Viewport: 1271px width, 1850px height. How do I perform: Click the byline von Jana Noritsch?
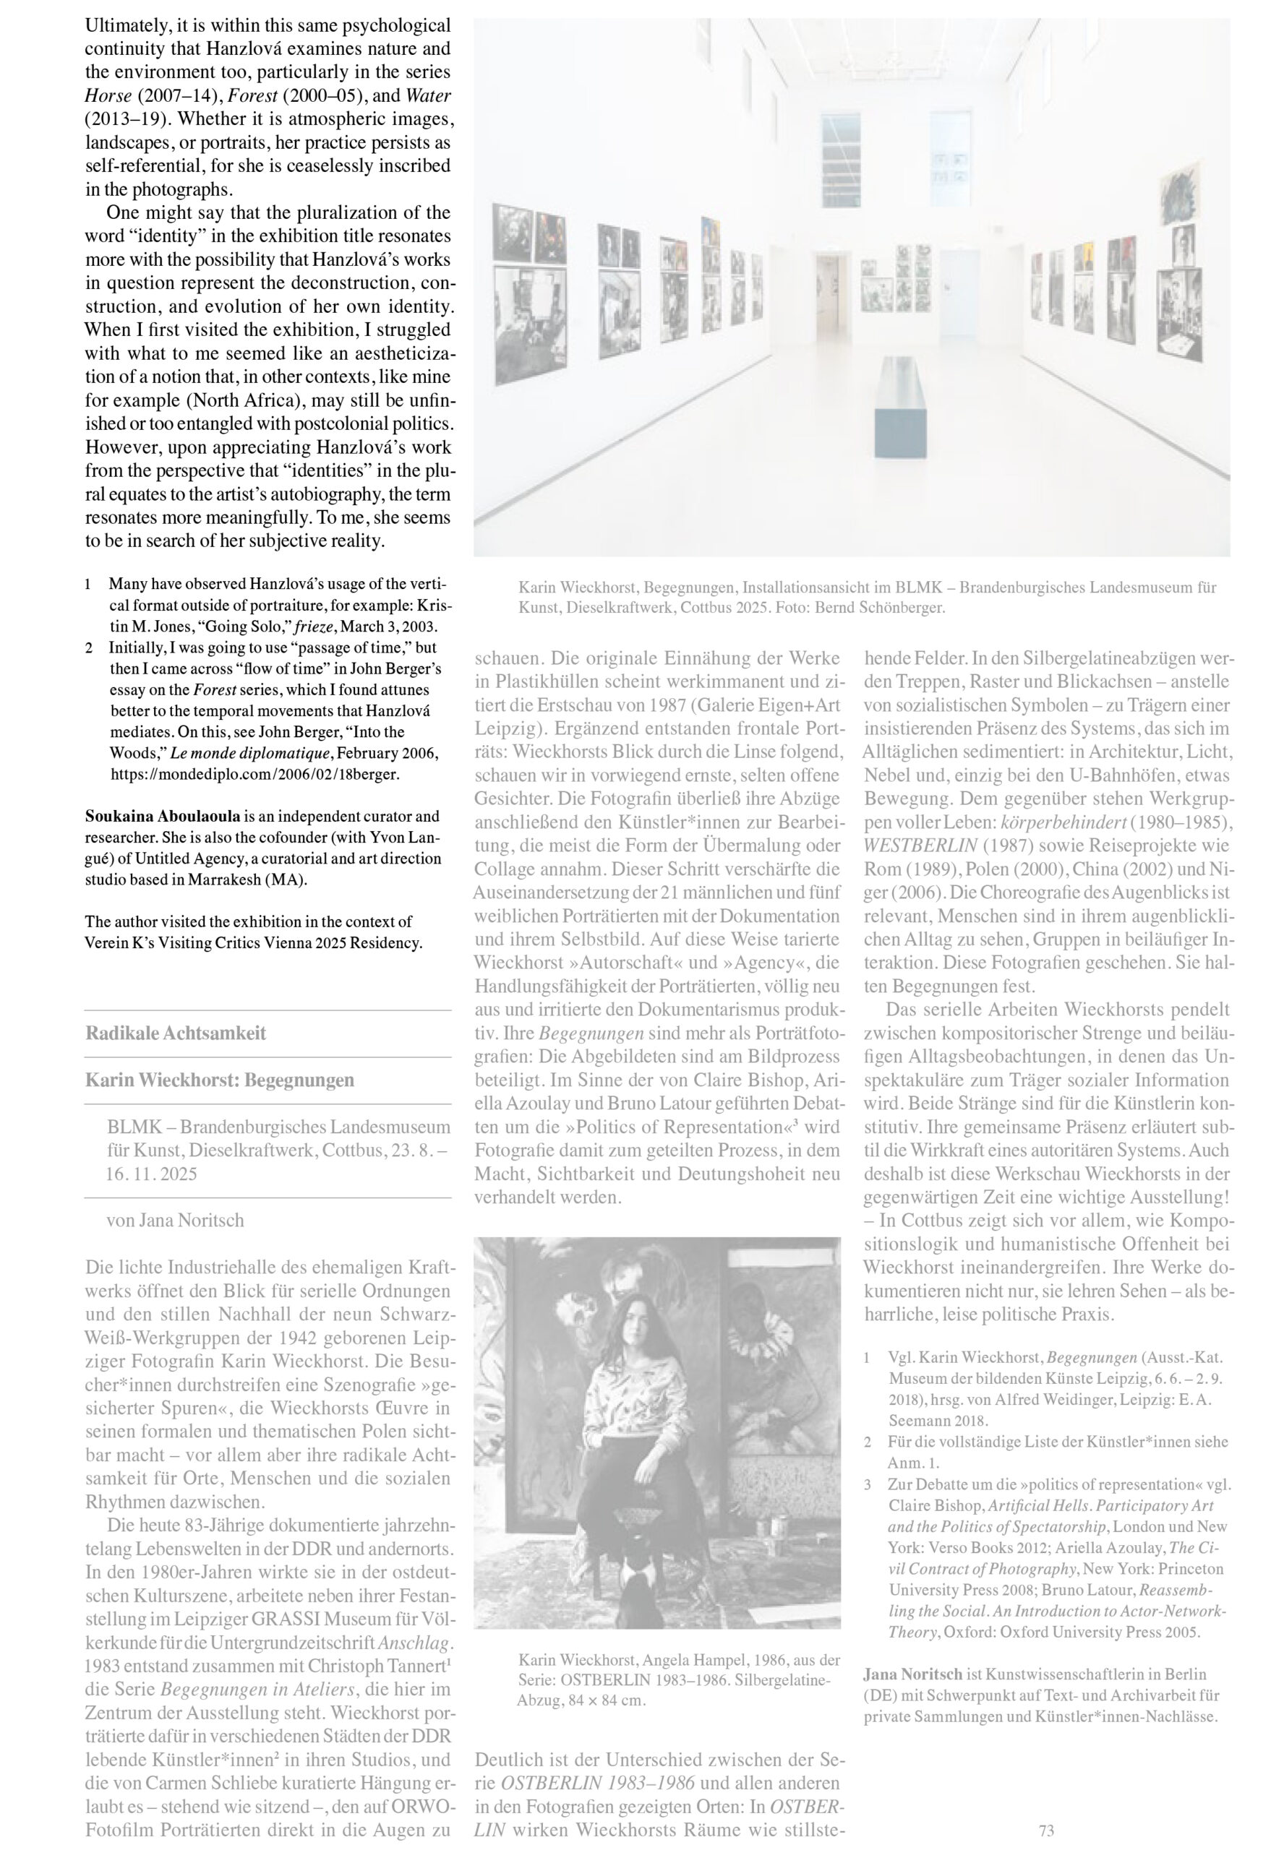pos(175,1221)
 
